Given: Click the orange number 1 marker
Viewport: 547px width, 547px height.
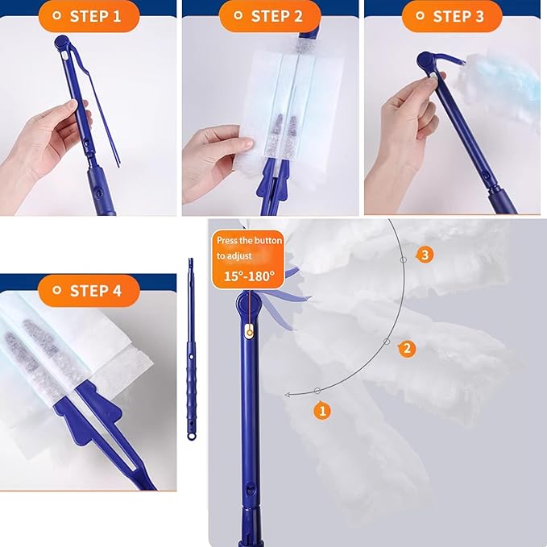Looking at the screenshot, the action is click(x=322, y=411).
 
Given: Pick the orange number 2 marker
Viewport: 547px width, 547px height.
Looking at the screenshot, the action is click(x=407, y=349).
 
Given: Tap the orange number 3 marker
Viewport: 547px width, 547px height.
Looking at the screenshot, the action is click(x=425, y=255).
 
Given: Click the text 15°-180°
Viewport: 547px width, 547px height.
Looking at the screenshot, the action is click(x=249, y=276).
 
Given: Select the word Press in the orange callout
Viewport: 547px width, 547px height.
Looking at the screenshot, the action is click(x=226, y=240).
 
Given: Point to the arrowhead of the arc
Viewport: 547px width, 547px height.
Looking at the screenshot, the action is click(x=288, y=395).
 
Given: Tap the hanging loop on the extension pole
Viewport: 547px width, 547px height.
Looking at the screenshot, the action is click(x=191, y=436).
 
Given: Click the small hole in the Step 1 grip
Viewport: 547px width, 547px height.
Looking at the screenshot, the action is click(x=99, y=192).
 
